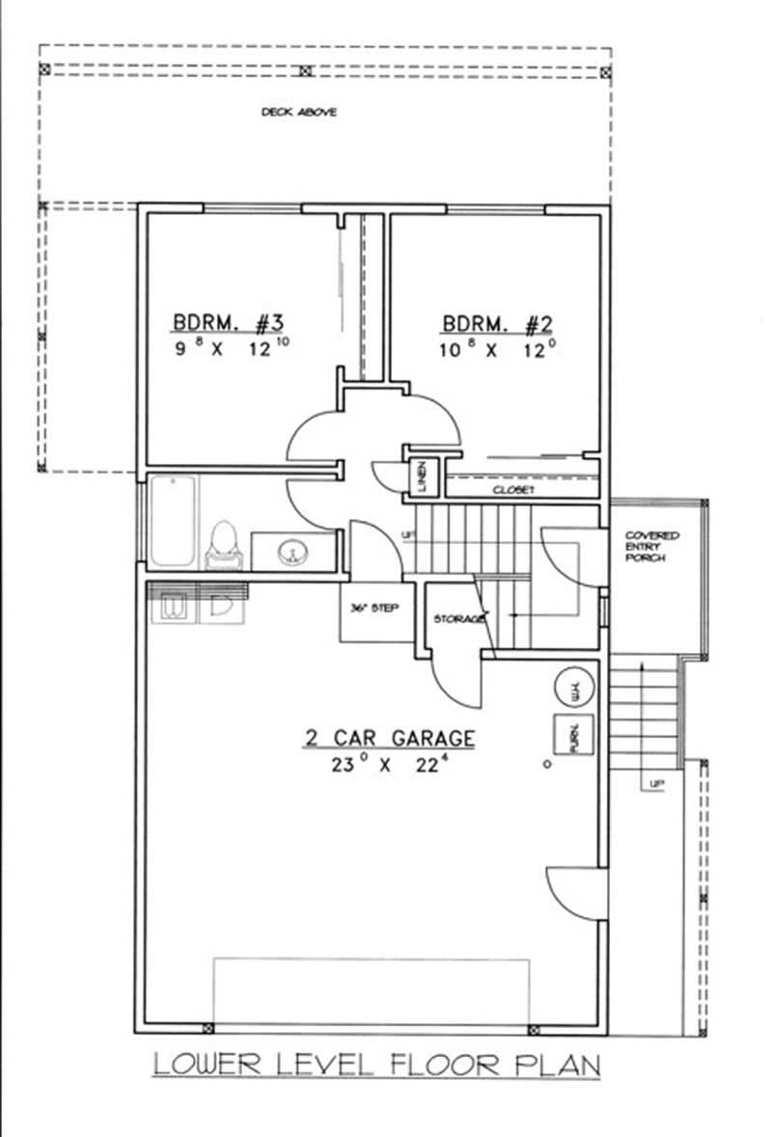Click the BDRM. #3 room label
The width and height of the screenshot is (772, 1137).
pos(227,321)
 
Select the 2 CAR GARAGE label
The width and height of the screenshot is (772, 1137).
pos(390,739)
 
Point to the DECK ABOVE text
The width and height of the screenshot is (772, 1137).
pos(299,113)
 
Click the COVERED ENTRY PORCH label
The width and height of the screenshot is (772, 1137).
pos(651,546)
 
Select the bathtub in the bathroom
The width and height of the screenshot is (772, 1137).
pos(174,524)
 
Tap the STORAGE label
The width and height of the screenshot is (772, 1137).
pos(458,618)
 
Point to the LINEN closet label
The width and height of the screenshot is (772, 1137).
pos(423,475)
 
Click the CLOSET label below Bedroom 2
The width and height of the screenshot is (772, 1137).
pos(513,490)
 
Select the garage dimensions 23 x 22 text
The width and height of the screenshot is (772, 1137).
pos(390,767)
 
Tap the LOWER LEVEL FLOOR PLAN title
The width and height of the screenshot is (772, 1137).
pos(377,1066)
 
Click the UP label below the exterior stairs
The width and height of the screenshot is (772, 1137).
pos(656,784)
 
